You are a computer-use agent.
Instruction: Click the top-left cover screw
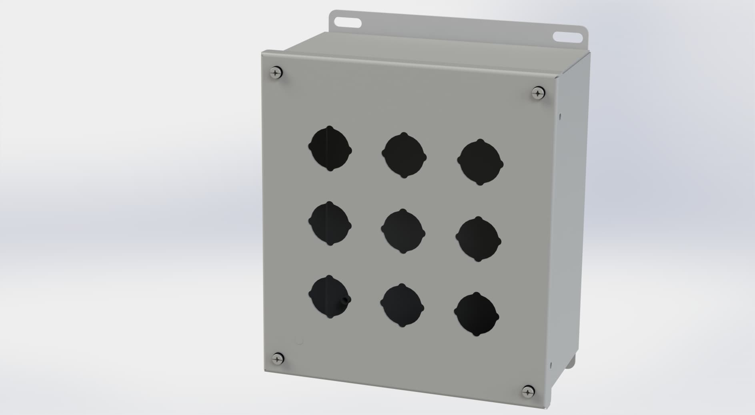276,73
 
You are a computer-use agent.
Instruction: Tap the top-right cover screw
538,94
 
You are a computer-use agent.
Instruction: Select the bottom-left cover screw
277,358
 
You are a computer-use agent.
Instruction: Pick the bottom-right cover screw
529,391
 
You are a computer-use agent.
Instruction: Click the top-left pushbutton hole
330,149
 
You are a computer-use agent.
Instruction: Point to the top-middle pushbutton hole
404,155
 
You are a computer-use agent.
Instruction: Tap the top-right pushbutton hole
480,162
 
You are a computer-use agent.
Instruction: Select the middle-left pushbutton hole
330,224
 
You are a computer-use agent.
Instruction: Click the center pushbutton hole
403,231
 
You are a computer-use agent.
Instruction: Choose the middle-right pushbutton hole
478,239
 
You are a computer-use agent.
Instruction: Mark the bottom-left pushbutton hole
330,297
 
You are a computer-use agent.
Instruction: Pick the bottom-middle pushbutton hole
402,305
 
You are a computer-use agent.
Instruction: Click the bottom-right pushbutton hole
477,315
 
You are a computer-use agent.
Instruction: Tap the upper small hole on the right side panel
560,116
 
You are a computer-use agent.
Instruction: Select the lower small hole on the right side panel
551,365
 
